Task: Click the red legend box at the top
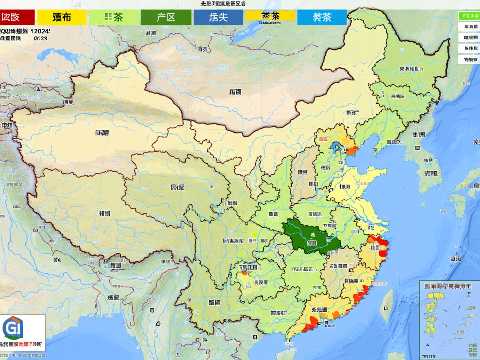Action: click(x=17, y=17)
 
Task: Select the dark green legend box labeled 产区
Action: click(x=166, y=17)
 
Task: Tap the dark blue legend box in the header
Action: click(x=218, y=17)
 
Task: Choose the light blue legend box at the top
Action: click(x=322, y=17)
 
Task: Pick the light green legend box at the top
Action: click(x=114, y=17)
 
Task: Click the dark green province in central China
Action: click(x=310, y=237)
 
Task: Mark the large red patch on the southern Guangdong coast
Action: click(x=311, y=323)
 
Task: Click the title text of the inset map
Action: click(x=448, y=287)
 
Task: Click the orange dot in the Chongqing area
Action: click(x=243, y=274)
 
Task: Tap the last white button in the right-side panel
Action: click(x=468, y=60)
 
